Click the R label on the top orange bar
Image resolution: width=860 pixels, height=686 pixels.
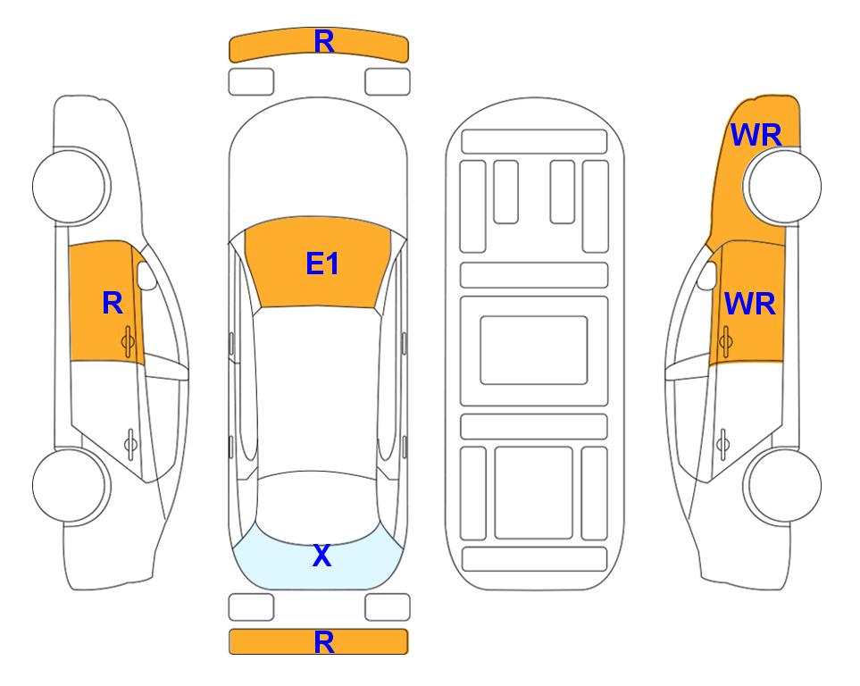tap(323, 41)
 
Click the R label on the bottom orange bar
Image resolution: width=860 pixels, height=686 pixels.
tap(323, 641)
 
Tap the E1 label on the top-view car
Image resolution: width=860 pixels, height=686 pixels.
tap(321, 264)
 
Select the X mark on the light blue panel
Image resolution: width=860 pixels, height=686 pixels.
tap(321, 556)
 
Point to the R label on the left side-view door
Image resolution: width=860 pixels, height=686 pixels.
tap(112, 304)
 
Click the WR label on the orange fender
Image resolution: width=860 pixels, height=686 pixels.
tap(756, 135)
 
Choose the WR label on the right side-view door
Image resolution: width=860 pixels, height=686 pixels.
tap(749, 304)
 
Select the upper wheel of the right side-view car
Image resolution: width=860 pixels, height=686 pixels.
tap(784, 186)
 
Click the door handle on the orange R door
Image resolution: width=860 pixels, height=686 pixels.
tap(129, 339)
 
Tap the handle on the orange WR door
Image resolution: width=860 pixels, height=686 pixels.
tap(726, 339)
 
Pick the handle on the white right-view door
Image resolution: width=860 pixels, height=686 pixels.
tap(724, 441)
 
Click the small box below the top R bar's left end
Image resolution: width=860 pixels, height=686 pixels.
tap(251, 81)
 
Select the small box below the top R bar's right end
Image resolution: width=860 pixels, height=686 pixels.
tap(388, 81)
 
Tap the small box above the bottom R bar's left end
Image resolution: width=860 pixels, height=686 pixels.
tap(251, 607)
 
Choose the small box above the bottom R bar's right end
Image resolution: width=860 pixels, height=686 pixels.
tap(388, 607)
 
